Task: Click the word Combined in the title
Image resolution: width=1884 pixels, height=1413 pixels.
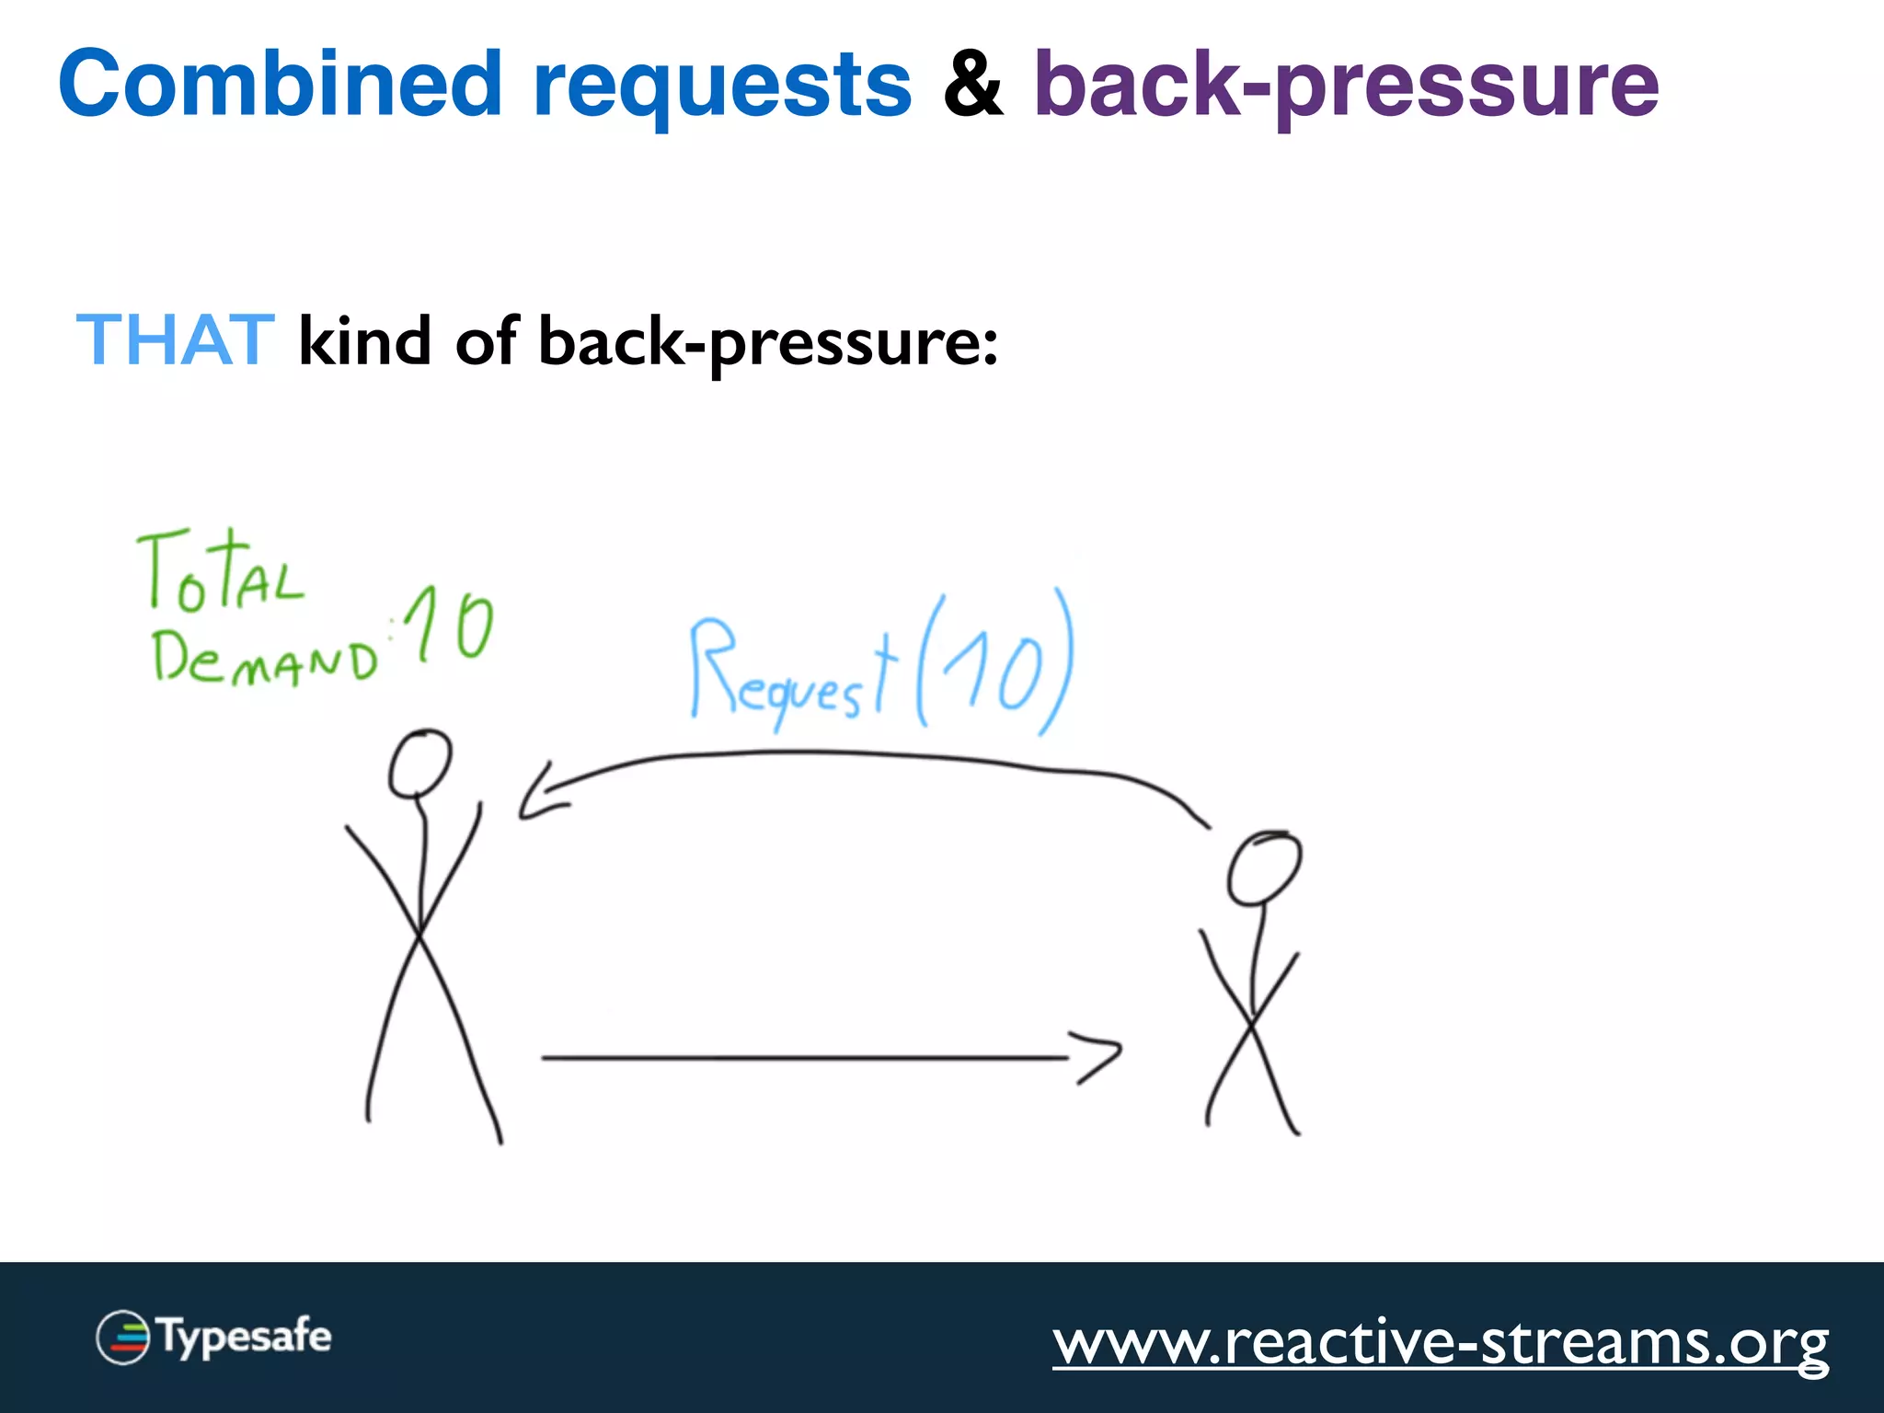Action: [280, 84]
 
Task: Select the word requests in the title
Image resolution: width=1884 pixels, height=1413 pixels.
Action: [722, 87]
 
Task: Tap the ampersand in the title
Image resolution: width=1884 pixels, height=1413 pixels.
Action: [972, 86]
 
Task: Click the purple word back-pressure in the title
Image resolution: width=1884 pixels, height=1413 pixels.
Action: [1346, 87]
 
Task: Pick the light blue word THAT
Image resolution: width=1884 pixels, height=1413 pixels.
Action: [175, 340]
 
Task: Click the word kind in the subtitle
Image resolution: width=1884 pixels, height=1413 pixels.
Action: [365, 340]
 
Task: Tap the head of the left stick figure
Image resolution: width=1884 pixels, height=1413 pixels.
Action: [420, 764]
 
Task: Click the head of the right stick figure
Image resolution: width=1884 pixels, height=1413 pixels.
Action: [1264, 867]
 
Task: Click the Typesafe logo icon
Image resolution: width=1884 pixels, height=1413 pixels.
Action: [122, 1337]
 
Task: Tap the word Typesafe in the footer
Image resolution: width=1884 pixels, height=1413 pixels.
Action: [246, 1337]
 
